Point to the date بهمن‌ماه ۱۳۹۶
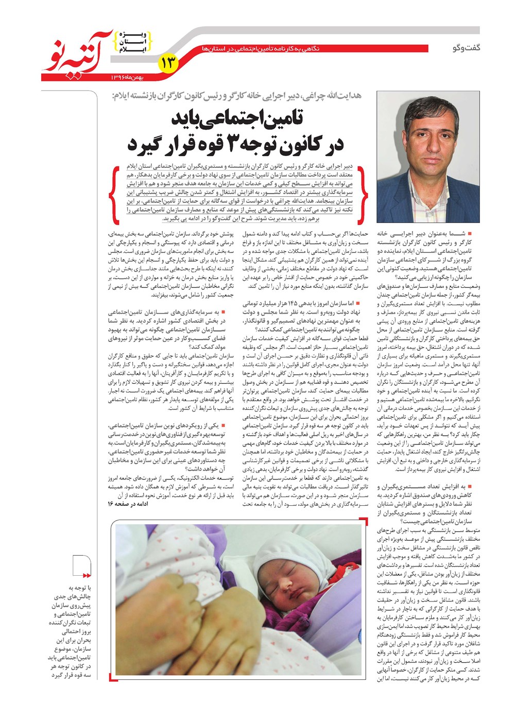[129, 77]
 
